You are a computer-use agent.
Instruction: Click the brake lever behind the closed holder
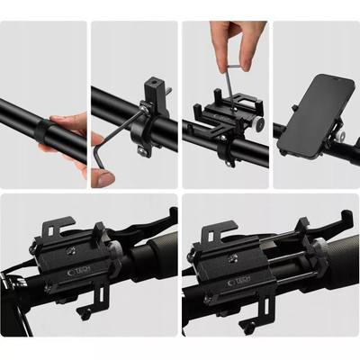[x=135, y=226]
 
